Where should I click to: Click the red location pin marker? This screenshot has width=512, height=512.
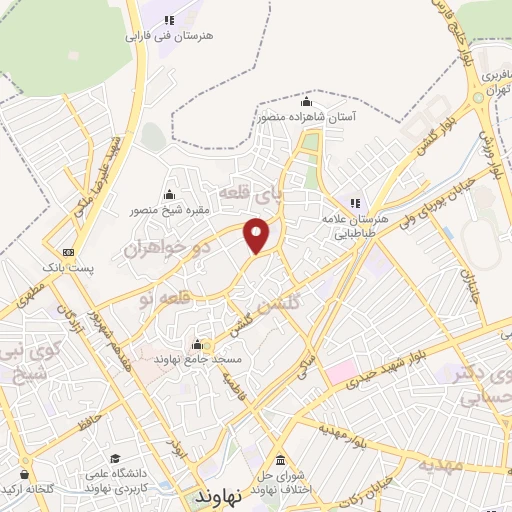tap(258, 234)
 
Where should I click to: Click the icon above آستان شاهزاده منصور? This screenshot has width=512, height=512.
tap(306, 102)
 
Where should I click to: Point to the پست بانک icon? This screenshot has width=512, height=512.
tap(68, 252)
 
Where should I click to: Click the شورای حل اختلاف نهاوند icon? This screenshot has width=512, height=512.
tap(279, 461)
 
